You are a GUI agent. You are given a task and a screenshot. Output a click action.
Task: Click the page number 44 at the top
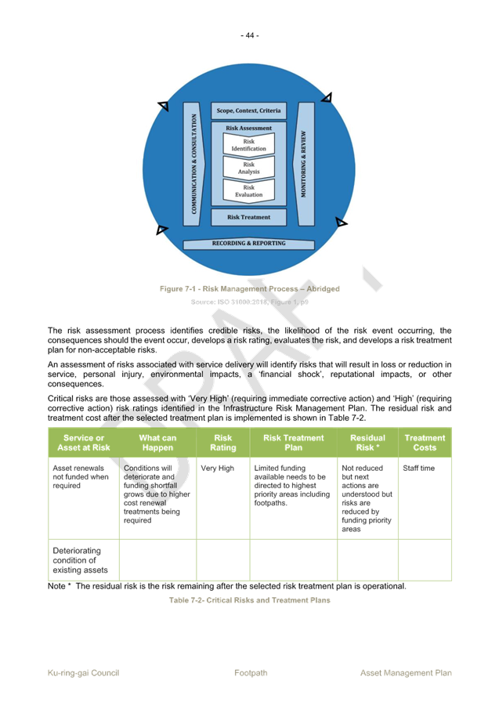click(x=249, y=35)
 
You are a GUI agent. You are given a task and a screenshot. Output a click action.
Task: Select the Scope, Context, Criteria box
click(x=248, y=110)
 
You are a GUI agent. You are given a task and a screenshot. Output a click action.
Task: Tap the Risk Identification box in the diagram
click(x=249, y=145)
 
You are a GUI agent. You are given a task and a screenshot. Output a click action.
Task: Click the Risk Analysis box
click(x=249, y=168)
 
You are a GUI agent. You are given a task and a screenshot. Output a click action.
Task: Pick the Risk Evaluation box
click(x=249, y=191)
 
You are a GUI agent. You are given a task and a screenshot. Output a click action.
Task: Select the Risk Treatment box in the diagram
click(x=248, y=217)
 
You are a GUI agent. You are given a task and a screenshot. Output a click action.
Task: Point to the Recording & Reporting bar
click(x=248, y=244)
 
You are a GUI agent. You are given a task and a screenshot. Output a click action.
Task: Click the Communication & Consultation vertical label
click(x=194, y=164)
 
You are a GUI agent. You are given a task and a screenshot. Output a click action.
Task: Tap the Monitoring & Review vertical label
click(x=303, y=164)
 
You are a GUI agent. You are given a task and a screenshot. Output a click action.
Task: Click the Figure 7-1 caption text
click(x=250, y=289)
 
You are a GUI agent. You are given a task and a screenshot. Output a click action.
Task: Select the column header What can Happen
click(x=157, y=443)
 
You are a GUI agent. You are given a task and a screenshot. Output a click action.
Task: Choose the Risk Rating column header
click(x=222, y=443)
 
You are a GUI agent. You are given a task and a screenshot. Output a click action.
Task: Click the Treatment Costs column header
click(x=425, y=443)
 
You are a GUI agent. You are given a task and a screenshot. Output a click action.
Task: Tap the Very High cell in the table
click(x=217, y=469)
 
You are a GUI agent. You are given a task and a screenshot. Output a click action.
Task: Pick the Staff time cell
click(x=418, y=469)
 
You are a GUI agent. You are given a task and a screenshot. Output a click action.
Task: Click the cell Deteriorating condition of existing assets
click(x=80, y=560)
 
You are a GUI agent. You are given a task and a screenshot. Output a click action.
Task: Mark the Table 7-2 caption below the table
click(x=250, y=600)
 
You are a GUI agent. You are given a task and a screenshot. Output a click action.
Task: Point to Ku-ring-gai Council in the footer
click(x=83, y=673)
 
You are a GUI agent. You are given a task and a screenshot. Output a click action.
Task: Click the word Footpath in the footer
click(x=251, y=673)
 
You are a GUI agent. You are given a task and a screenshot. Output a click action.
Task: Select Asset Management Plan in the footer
click(x=406, y=673)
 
